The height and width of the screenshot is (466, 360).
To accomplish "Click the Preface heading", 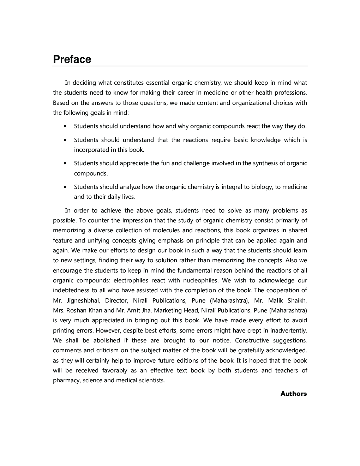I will click(72, 59).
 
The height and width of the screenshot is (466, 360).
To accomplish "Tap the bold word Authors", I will click(293, 394).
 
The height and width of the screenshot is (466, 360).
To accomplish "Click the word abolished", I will click(107, 340).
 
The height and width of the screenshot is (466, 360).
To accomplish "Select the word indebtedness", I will click(71, 290).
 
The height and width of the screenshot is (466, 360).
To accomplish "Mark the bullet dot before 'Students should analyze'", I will click(65, 187).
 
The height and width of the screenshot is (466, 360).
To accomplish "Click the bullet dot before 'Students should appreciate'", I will click(65, 163).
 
